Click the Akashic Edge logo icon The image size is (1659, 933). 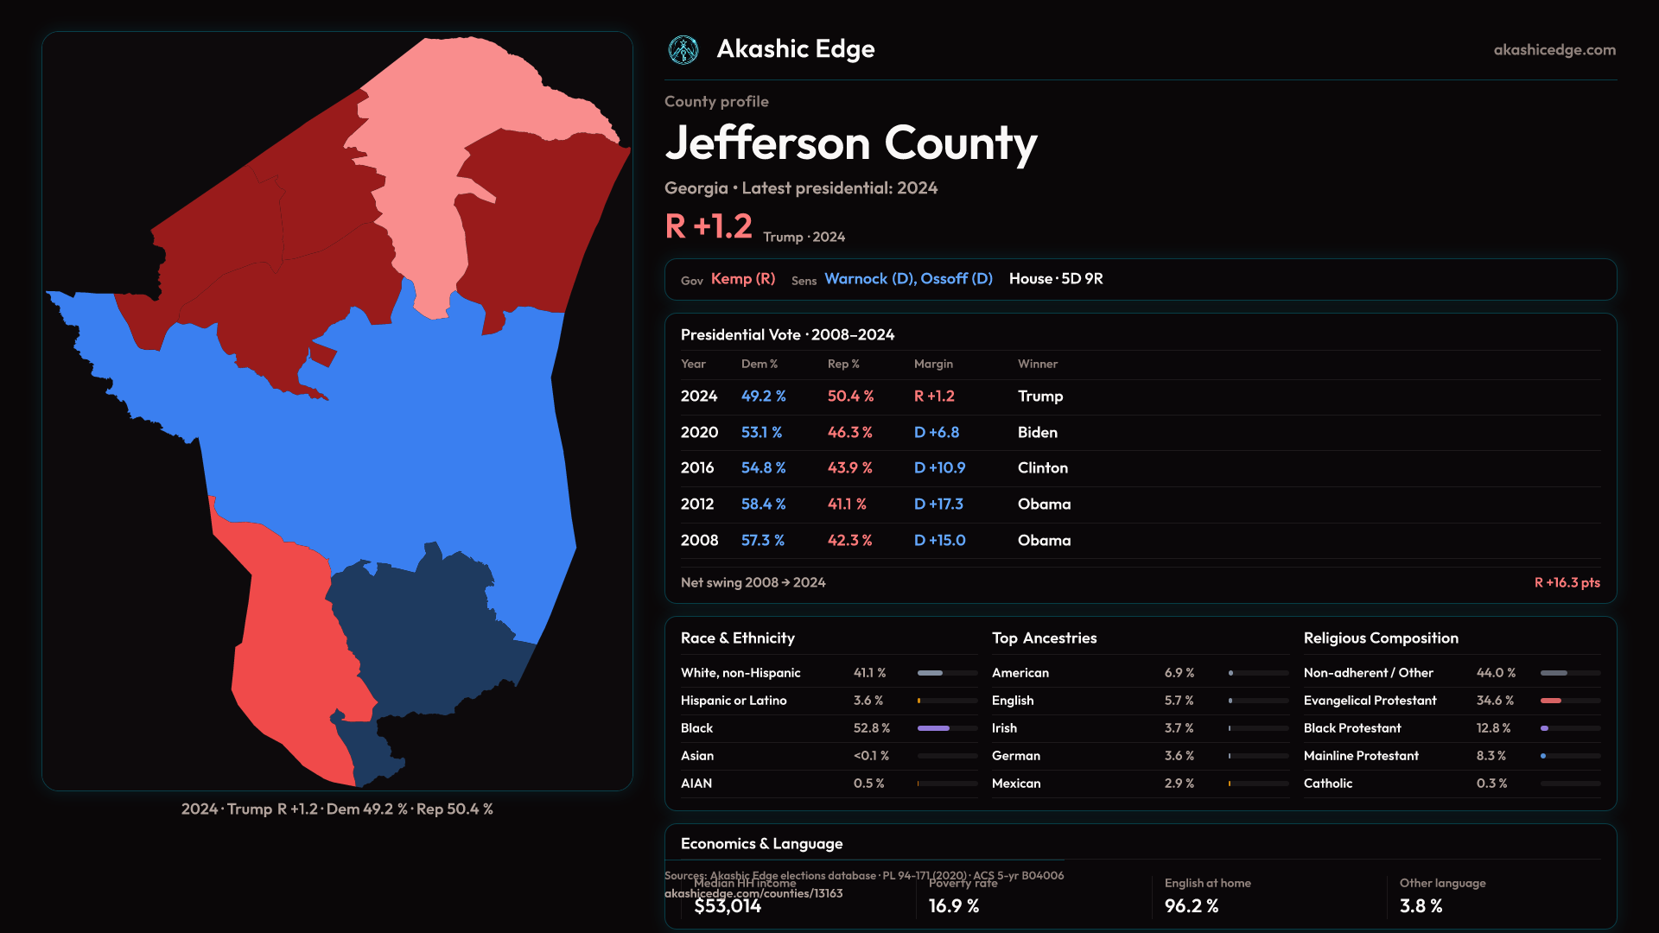683,50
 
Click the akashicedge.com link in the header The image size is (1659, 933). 1554,50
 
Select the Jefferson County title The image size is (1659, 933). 850,143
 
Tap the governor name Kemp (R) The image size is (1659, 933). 742,279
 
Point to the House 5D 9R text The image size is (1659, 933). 1055,279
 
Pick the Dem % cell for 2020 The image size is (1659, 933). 761,432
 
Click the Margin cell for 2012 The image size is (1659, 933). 938,504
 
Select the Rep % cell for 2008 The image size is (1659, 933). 849,540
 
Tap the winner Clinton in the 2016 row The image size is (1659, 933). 1042,467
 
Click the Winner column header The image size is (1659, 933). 1037,364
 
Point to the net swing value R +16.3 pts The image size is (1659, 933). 1567,582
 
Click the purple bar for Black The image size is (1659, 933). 933,728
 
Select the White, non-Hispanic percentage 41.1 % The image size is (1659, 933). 869,673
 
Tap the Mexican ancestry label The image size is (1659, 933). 1016,784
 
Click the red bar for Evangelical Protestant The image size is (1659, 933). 1551,701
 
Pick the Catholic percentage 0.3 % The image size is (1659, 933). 1491,784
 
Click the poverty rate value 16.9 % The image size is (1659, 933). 954,906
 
